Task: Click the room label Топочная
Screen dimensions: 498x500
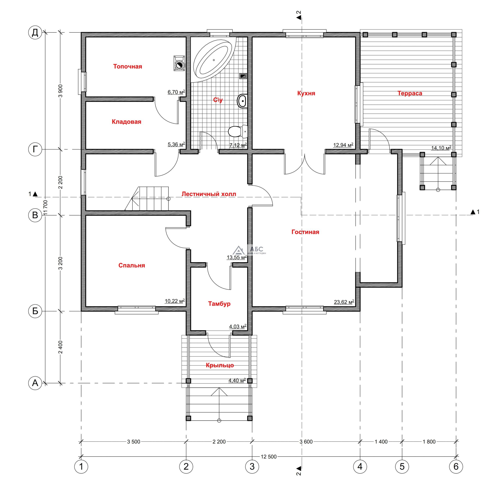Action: (x=128, y=67)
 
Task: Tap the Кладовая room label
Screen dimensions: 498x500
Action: (x=127, y=122)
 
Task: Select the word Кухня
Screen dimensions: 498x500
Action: (x=306, y=93)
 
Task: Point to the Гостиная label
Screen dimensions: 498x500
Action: (x=305, y=232)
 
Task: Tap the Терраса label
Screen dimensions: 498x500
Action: (x=410, y=93)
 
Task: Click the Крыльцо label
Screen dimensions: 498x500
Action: (x=220, y=365)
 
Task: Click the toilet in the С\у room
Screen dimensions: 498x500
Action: (x=238, y=131)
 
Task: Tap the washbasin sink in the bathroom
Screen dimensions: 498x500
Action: (x=242, y=101)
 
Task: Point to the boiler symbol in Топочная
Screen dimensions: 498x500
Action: (x=179, y=63)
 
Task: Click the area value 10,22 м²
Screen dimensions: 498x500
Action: (x=175, y=301)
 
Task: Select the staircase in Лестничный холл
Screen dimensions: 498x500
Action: (x=147, y=198)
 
